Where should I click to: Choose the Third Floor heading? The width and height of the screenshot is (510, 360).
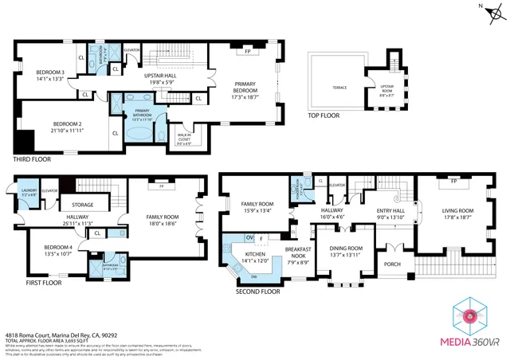pos(32,159)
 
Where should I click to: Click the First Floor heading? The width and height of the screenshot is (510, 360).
pos(43,283)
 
